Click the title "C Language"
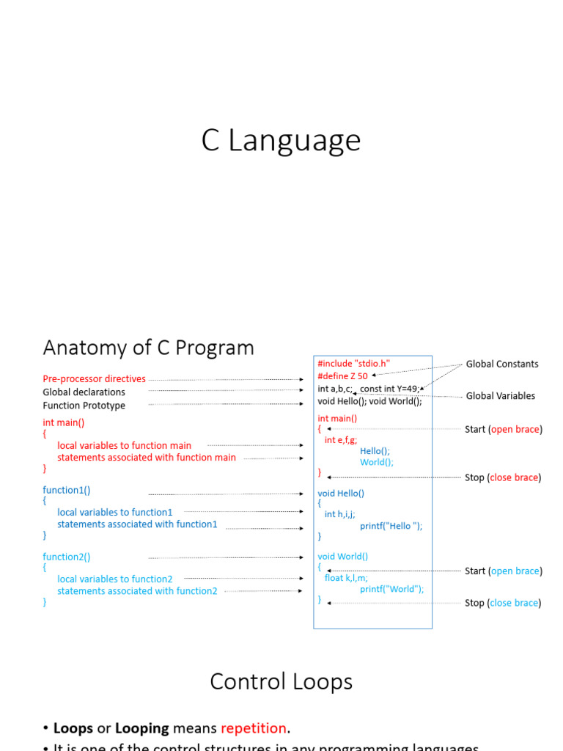coord(281,141)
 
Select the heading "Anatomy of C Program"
coord(148,347)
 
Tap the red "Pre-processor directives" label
coord(94,379)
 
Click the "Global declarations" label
coord(84,392)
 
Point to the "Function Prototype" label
coord(84,406)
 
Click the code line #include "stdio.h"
coord(353,364)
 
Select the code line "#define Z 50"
coord(342,376)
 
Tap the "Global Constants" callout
coord(502,364)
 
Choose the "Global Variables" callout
coord(501,396)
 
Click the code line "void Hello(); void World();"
coord(369,401)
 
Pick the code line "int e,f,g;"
coord(341,440)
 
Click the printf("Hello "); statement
coord(391,526)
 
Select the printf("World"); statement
coord(391,589)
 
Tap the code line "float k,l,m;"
coord(346,578)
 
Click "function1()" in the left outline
coord(67,490)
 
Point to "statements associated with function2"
coord(137,591)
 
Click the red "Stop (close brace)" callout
coord(503,477)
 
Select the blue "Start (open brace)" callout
coord(503,571)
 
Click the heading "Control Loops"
coord(281,681)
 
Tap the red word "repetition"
coord(254,728)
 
